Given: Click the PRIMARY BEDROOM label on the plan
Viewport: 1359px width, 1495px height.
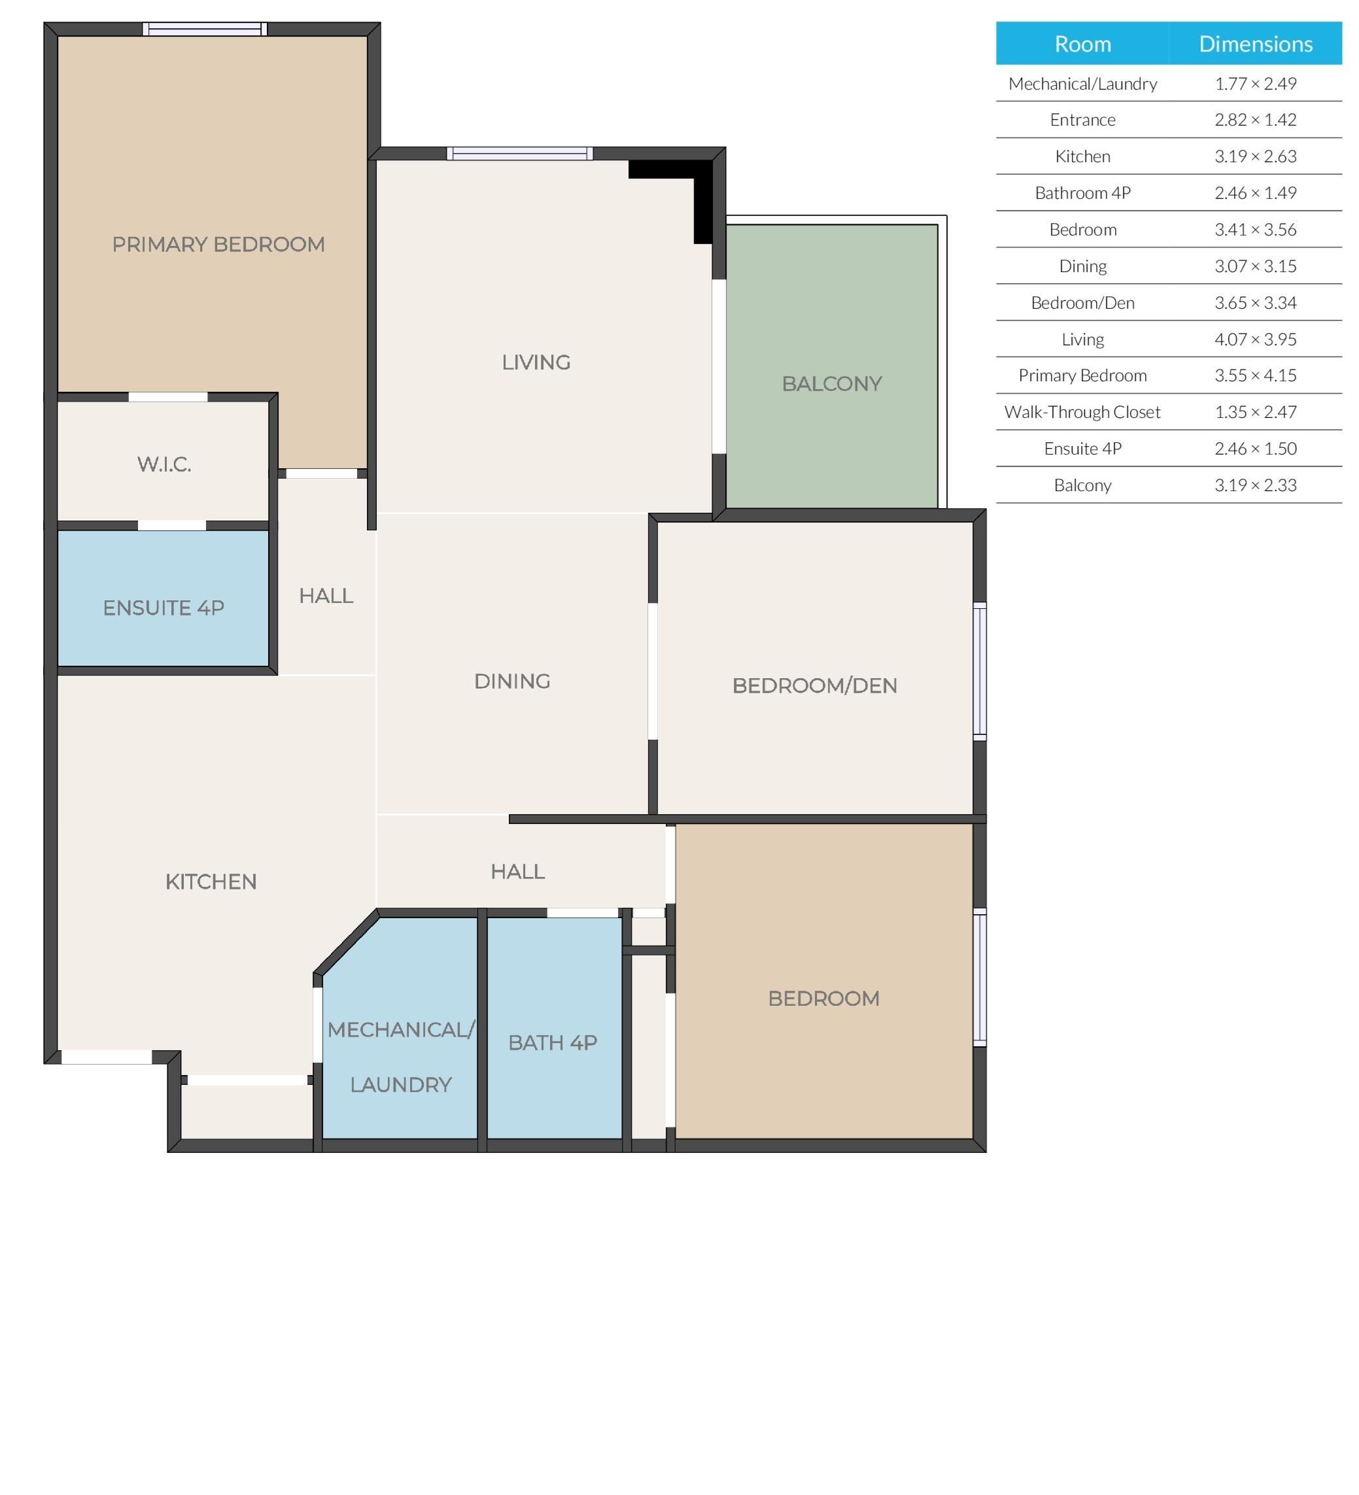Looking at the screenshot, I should click(x=218, y=244).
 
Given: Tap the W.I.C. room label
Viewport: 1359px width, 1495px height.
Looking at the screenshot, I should click(x=164, y=464).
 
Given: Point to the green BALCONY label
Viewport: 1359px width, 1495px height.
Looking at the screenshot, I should click(x=831, y=383).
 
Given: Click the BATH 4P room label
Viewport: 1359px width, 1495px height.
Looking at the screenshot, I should click(x=553, y=1042).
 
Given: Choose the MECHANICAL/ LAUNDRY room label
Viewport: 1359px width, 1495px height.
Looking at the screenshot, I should click(x=400, y=1057).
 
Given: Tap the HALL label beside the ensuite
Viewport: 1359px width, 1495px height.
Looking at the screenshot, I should click(x=326, y=596).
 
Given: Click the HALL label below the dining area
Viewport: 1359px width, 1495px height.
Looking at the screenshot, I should click(x=517, y=871).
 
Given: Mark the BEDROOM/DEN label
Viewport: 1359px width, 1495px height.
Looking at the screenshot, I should click(x=814, y=685).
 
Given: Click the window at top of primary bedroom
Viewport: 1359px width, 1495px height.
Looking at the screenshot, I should click(x=205, y=29).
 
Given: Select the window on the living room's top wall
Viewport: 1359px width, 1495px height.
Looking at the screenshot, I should click(x=519, y=154).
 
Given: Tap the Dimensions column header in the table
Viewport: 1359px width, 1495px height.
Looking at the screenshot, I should click(x=1254, y=44).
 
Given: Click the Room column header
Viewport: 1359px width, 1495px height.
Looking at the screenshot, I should click(x=1082, y=44).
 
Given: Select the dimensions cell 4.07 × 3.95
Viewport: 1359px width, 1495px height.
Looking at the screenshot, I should click(x=1254, y=339).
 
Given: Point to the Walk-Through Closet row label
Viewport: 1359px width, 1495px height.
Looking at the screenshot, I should click(x=1082, y=411).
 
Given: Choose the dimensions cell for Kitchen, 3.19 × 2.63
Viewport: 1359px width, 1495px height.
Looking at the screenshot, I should click(x=1254, y=156).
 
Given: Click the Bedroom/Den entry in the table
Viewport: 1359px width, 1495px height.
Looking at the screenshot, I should click(x=1082, y=303).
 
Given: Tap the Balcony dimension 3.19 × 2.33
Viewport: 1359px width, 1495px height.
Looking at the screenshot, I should click(x=1254, y=485).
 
